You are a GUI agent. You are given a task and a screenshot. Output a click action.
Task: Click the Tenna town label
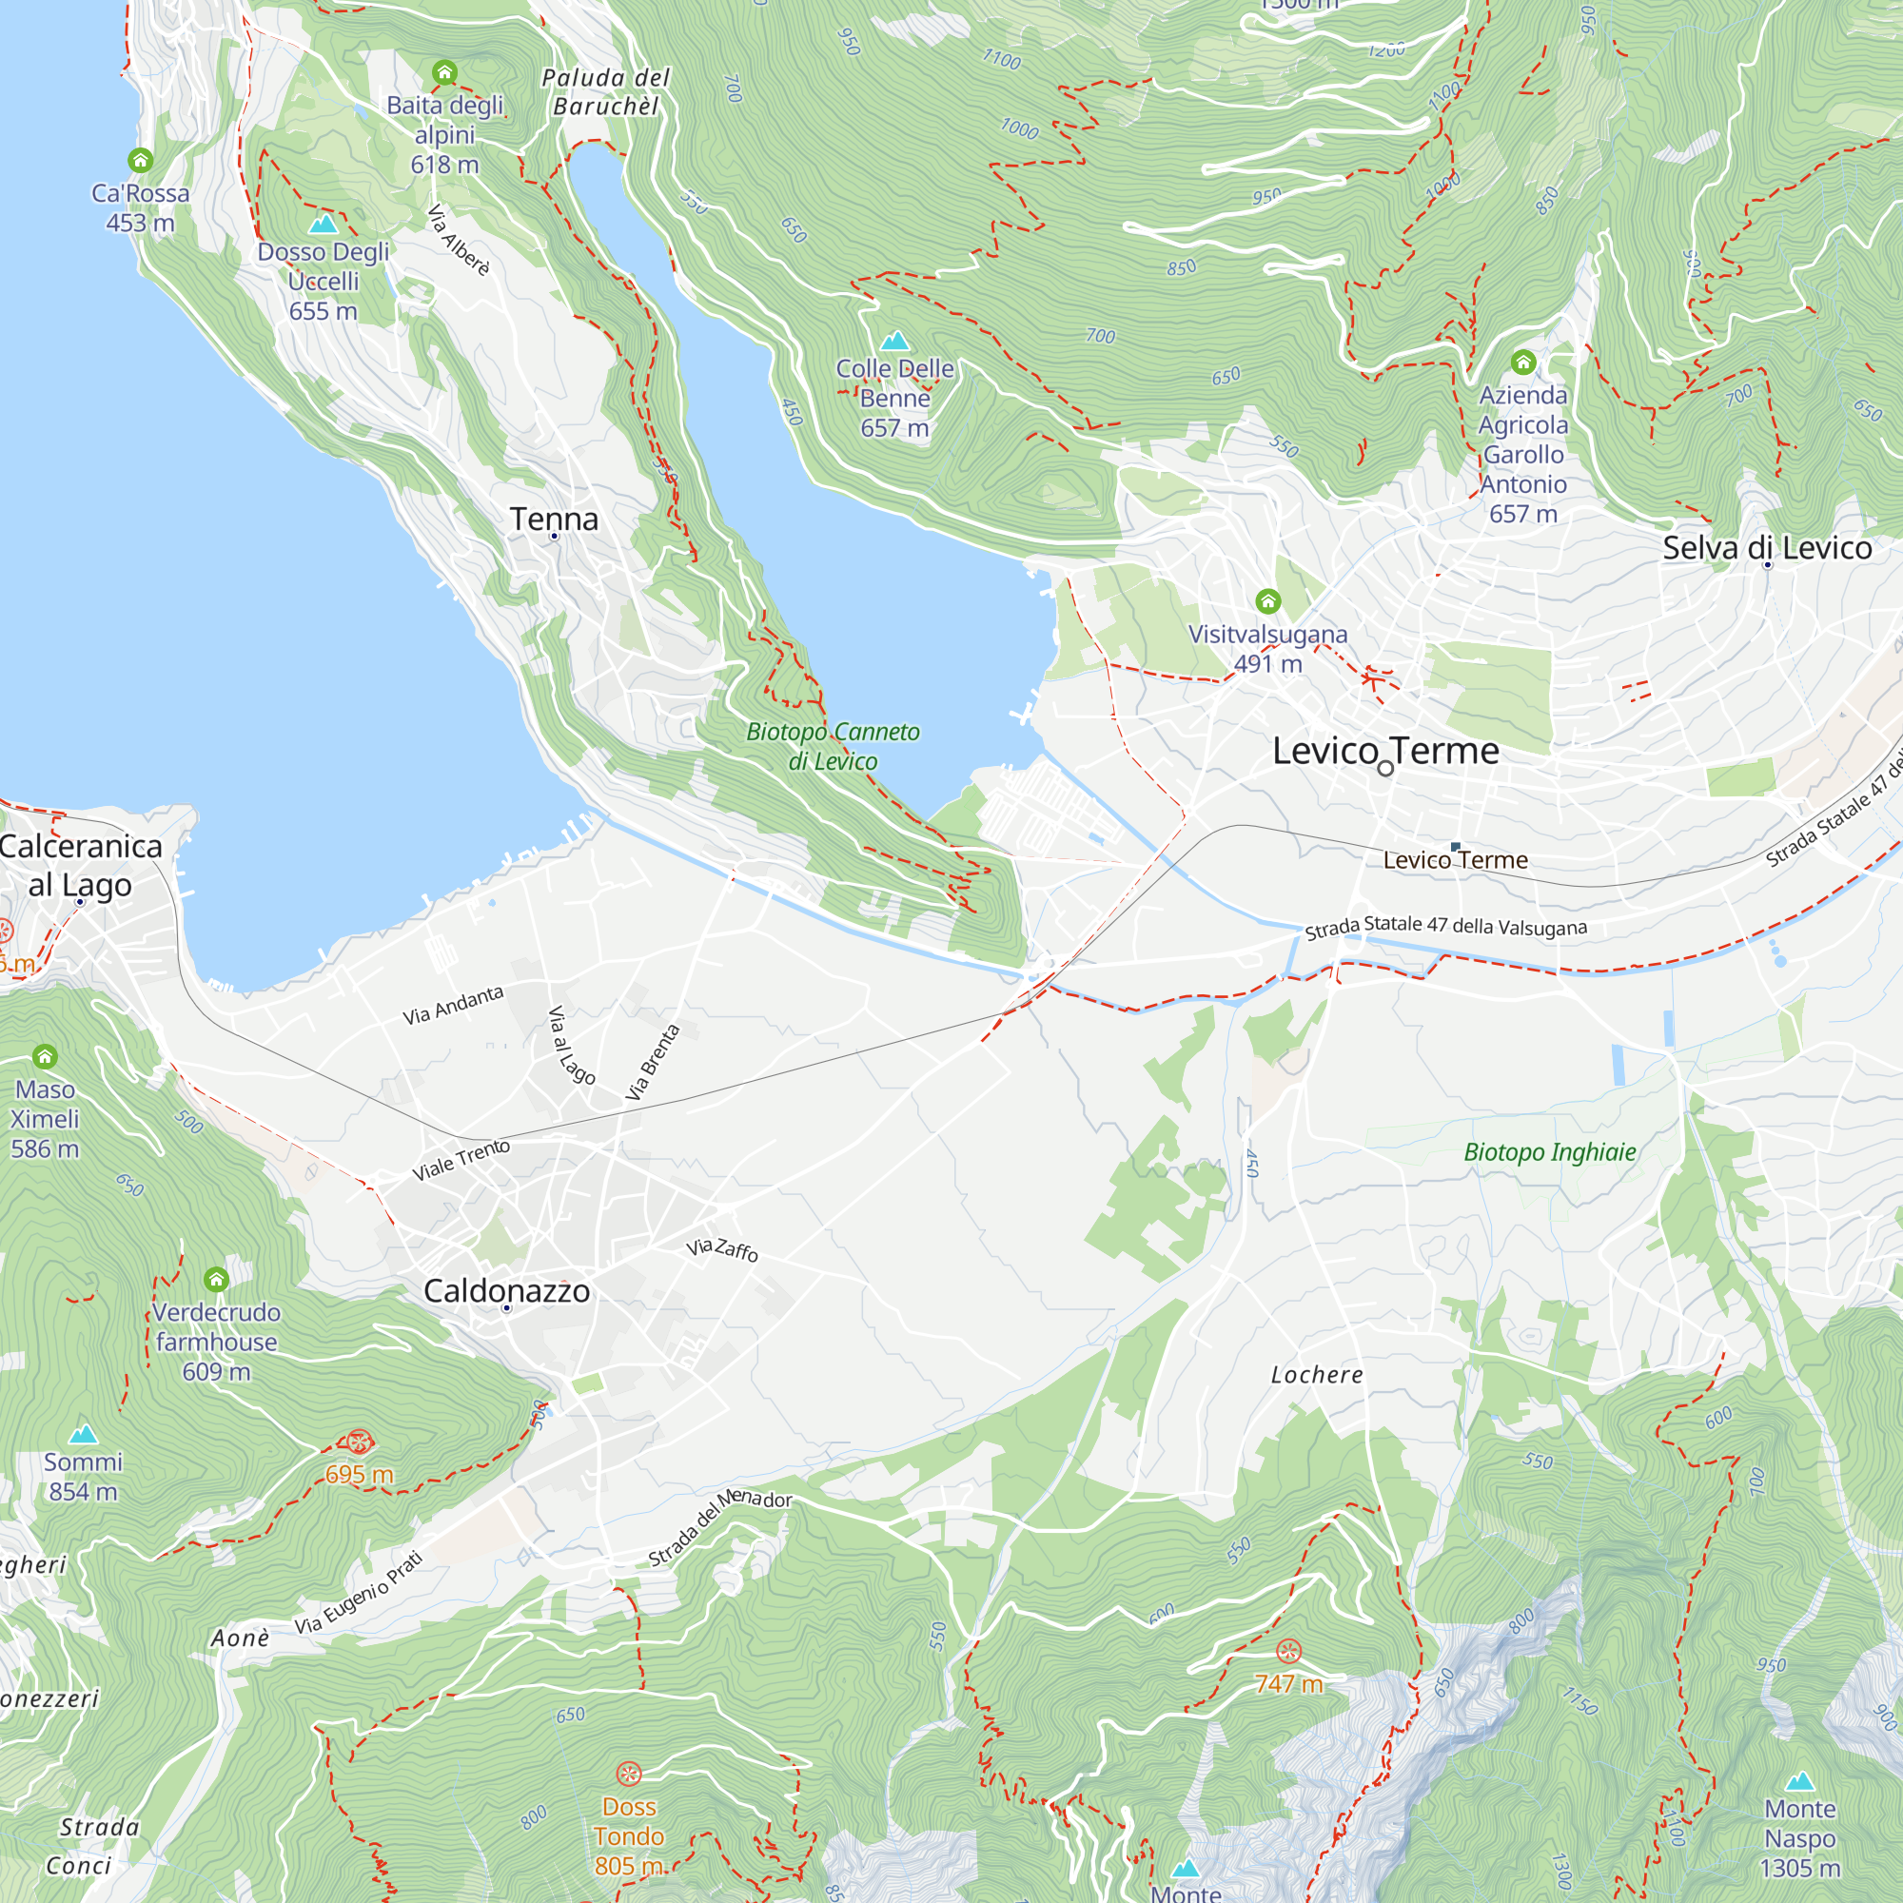coord(554,520)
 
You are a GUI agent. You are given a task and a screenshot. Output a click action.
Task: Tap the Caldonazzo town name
coord(506,1290)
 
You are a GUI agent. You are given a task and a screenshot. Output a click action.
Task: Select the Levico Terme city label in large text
coord(1384,751)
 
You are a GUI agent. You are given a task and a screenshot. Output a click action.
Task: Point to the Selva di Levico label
coord(1766,548)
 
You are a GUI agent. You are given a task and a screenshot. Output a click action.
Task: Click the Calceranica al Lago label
coord(81,865)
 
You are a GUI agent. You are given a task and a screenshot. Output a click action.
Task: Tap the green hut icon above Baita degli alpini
coord(444,72)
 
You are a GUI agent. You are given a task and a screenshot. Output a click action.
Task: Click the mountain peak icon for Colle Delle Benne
coord(894,341)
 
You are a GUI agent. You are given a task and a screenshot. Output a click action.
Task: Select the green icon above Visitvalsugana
coord(1267,600)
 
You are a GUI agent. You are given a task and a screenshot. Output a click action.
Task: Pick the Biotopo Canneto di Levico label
coord(833,746)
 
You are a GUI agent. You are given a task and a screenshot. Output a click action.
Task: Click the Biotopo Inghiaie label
coord(1549,1151)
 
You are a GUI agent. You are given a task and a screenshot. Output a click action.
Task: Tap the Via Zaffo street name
coord(722,1250)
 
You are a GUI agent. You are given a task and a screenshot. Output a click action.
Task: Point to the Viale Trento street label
coord(461,1160)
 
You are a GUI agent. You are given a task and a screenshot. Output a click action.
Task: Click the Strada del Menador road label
coord(719,1527)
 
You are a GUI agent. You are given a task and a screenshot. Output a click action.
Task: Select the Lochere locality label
coord(1317,1375)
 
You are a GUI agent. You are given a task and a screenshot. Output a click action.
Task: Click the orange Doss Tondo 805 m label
coord(628,1836)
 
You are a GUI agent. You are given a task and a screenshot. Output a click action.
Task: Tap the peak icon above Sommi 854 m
coord(84,1434)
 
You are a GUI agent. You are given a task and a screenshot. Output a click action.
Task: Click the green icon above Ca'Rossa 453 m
coord(140,160)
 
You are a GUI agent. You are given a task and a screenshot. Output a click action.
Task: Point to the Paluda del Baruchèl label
coord(606,91)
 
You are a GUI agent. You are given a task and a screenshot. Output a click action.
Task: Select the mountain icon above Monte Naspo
coord(1799,1781)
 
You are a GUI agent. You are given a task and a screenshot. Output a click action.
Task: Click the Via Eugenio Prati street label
coord(359,1593)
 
